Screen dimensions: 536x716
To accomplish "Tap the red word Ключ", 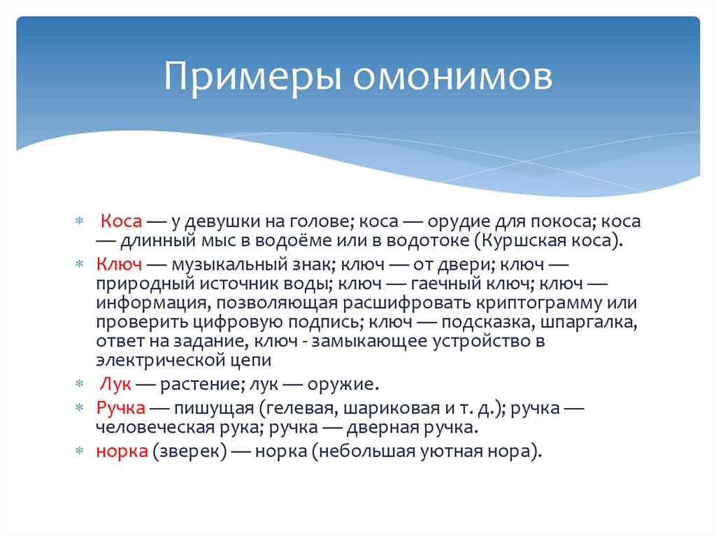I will tap(120, 265).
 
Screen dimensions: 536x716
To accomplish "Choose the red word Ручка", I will tap(121, 407).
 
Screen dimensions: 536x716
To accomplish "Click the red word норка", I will tap(122, 451).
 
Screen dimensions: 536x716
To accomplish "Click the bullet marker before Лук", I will tap(79, 384).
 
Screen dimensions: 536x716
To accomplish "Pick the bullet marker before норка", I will tap(79, 451).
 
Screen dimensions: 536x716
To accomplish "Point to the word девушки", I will tap(222, 221).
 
